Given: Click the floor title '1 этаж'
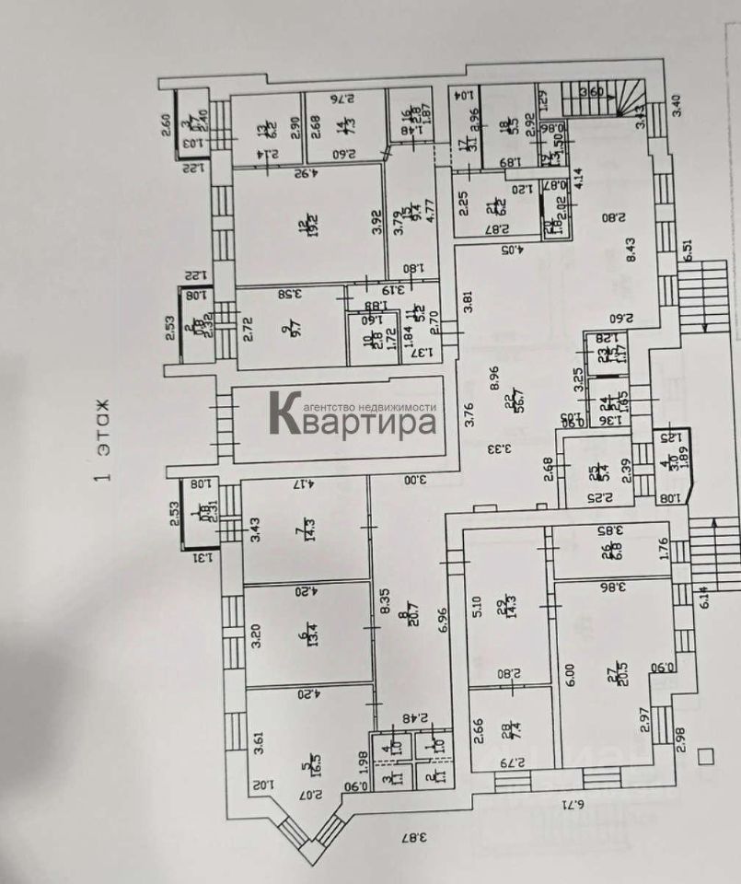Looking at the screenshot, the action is click(x=102, y=440).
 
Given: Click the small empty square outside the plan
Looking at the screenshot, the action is click(x=707, y=756).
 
